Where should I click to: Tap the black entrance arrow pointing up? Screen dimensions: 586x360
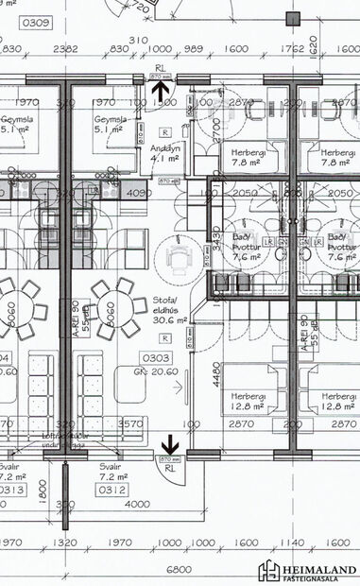click(163, 92)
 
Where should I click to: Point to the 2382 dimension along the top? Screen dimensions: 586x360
click(66, 48)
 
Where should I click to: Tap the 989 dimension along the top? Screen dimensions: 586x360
click(194, 48)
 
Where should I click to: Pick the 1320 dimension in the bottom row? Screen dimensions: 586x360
click(65, 543)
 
